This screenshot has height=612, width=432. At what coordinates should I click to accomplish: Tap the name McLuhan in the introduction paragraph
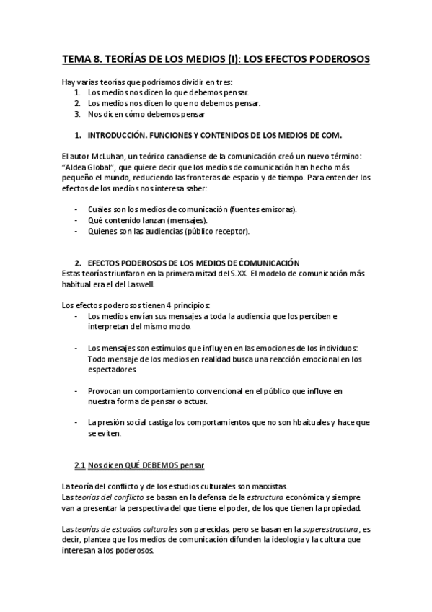point(109,157)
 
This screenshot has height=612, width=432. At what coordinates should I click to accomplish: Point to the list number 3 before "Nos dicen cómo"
point(77,113)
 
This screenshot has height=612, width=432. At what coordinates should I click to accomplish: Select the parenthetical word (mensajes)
point(187,220)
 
